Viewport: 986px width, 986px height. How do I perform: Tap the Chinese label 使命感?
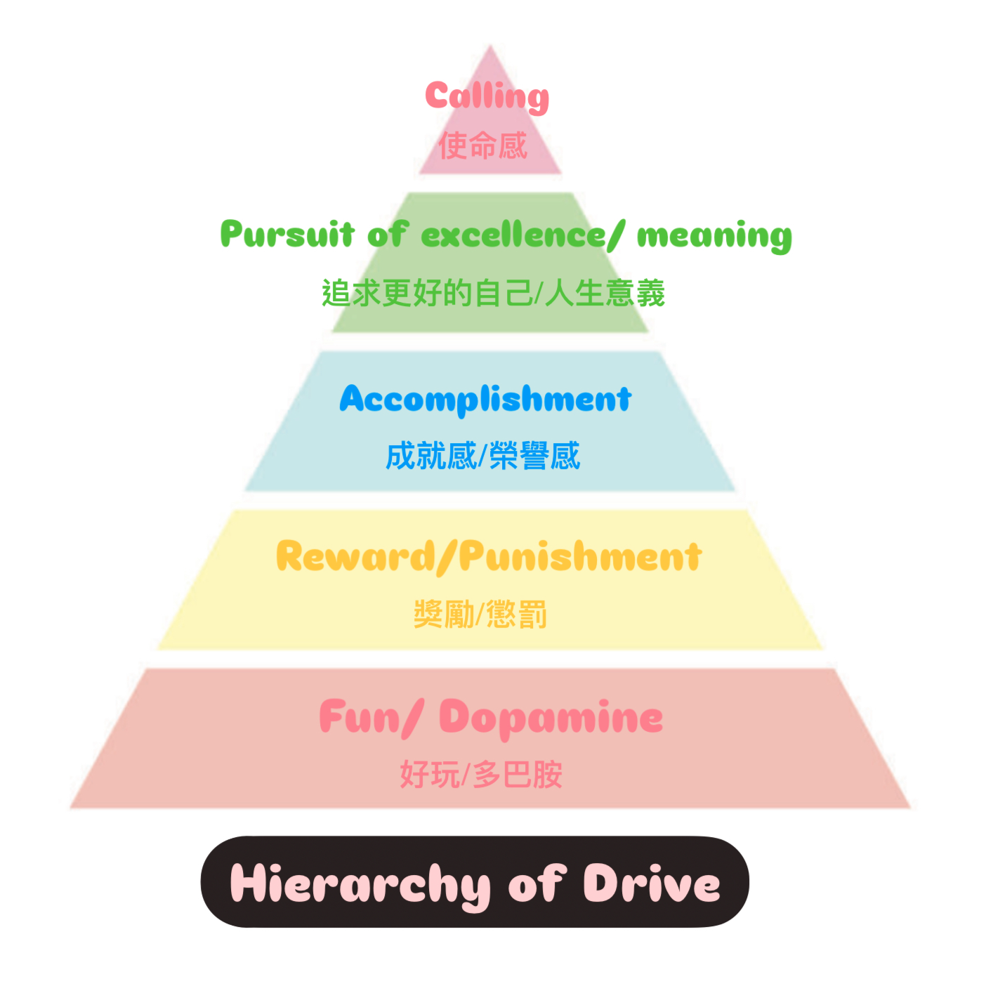tap(482, 145)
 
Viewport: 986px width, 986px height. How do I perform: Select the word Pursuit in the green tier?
tap(287, 234)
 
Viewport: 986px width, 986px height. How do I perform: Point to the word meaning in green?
tap(714, 237)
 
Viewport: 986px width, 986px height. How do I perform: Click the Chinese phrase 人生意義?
tap(605, 293)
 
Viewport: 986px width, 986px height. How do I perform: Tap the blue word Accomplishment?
tap(485, 400)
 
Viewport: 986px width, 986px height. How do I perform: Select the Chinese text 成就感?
tap(430, 455)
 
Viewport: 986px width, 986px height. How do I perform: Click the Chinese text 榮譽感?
tap(534, 455)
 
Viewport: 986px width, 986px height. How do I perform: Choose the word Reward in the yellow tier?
tap(355, 556)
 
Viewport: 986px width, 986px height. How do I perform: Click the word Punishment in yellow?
tap(580, 556)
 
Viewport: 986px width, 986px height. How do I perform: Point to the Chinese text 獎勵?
tap(444, 614)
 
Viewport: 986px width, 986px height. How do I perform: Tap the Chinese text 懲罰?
tap(516, 614)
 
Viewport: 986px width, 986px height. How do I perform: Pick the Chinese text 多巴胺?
tap(518, 774)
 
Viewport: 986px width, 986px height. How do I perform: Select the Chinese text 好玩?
tap(429, 774)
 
